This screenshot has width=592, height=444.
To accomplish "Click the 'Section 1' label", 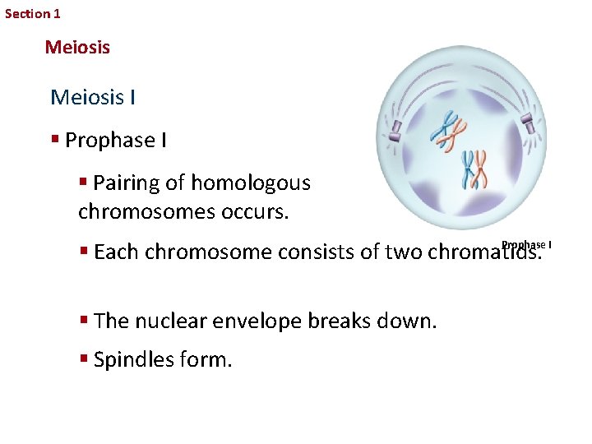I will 33,13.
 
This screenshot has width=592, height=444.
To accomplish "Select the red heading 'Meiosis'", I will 77,48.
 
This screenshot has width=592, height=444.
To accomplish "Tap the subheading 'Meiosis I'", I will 93,98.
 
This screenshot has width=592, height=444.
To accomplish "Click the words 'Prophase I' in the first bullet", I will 116,141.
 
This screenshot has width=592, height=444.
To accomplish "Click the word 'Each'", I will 117,252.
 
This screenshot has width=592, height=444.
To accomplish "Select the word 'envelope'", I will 252,321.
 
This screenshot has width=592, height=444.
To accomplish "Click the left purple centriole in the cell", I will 395,130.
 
